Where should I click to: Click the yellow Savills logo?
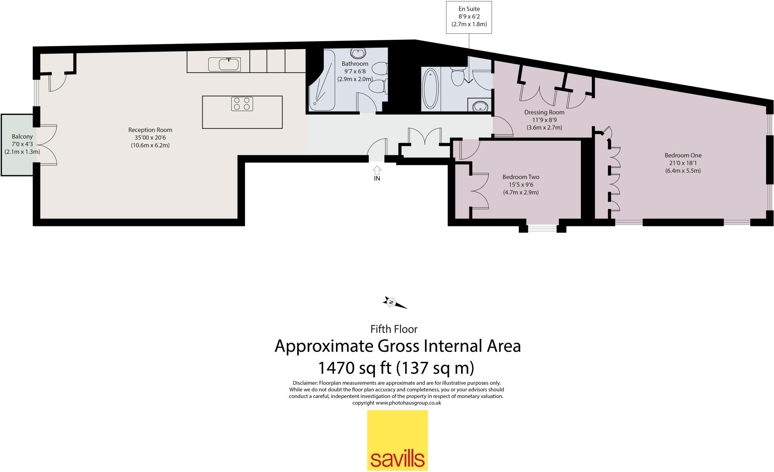[x=398, y=440]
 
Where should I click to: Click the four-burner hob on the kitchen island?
[x=242, y=104]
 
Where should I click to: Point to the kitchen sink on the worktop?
[x=224, y=65]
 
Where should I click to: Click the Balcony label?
[x=22, y=136]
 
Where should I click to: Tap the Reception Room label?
[x=150, y=130]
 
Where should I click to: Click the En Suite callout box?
[x=469, y=17]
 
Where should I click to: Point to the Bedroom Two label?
[x=520, y=177]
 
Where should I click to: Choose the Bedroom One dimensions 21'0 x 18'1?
[x=683, y=163]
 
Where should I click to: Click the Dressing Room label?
[x=544, y=112]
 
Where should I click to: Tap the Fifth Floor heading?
[x=394, y=329]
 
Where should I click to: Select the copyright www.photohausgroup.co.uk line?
[x=396, y=403]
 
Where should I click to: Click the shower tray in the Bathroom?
[x=321, y=91]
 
